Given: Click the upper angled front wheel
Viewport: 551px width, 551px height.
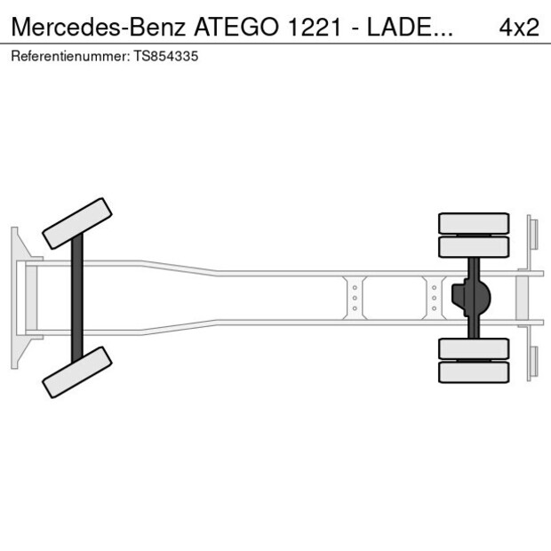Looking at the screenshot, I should coord(77,223).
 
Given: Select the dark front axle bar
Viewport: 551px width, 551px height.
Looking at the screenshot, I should coord(77,298).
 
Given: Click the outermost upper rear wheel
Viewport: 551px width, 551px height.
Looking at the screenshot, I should coord(474,222).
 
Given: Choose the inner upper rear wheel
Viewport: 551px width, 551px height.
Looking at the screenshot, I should coord(474,246).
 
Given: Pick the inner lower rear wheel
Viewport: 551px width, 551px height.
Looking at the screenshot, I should coord(474,348).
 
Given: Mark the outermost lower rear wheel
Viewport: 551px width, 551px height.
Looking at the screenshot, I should coord(474,371).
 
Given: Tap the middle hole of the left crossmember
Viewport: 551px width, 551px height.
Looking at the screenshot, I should coord(355,298).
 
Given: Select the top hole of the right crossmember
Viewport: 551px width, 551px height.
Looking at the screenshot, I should coord(434,287).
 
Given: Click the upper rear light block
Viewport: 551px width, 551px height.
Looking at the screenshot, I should coord(533,233).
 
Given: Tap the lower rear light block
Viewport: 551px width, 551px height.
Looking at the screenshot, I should coord(533,363).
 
